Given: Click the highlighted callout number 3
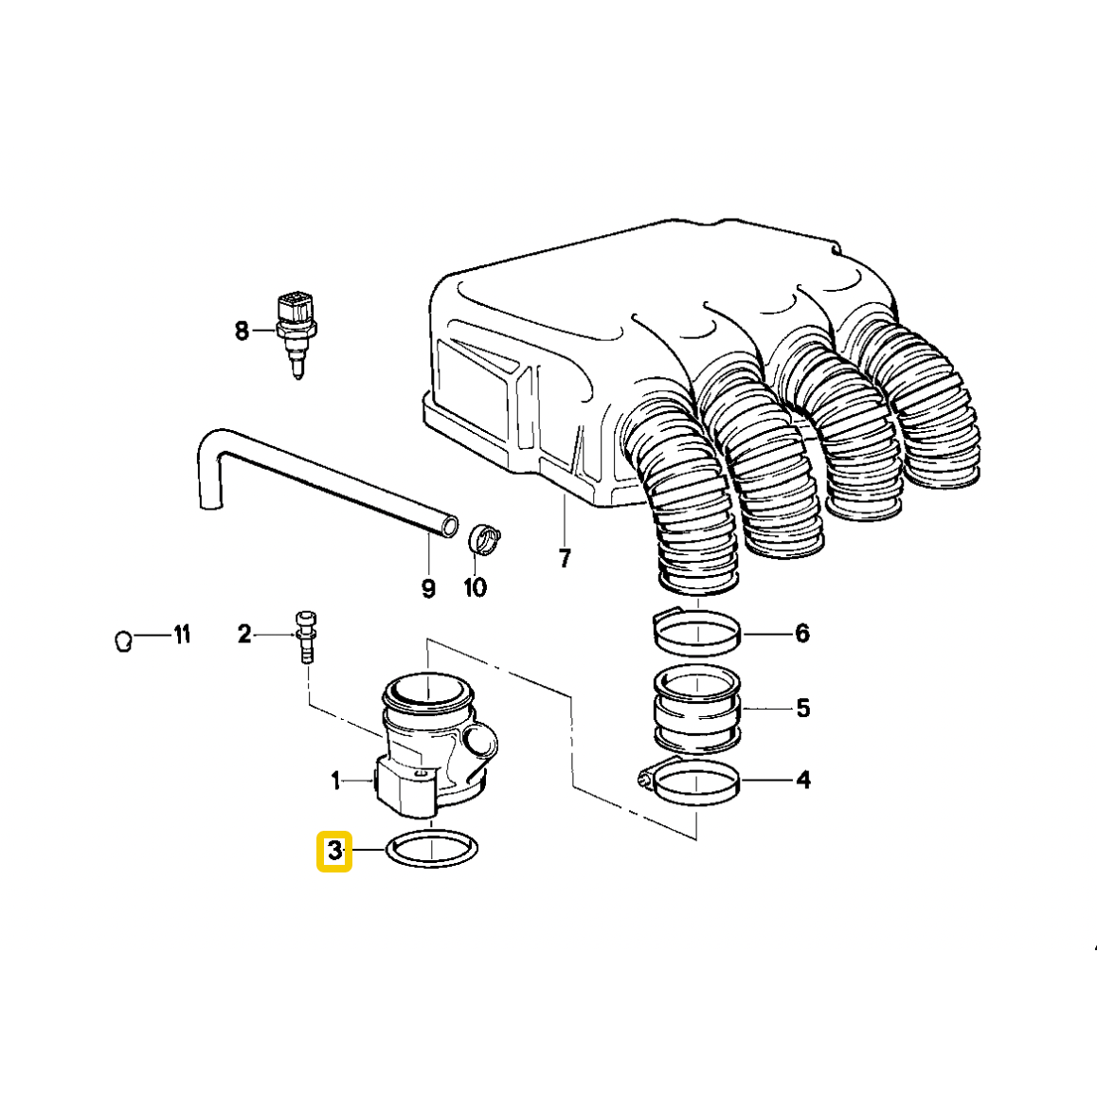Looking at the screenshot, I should pos(334,851).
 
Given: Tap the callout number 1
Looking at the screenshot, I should pos(335,781).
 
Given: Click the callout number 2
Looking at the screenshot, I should pos(244,634).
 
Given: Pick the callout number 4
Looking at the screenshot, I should pos(803,781).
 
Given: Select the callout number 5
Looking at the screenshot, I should pos(803,708).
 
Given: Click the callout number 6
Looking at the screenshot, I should pos(802,633).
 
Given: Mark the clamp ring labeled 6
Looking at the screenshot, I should pos(696,632).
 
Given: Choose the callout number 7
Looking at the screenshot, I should pos(565,559).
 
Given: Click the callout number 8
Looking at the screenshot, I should pos(242,331).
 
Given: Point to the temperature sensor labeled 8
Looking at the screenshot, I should pos(296,327).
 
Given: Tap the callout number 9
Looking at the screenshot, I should pos(428,588).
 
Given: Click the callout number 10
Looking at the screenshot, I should pos(475,587).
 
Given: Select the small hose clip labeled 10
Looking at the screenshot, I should pos(485,539).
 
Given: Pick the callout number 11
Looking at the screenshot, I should pos(181,634).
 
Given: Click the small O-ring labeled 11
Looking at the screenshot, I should pos(122,641).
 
